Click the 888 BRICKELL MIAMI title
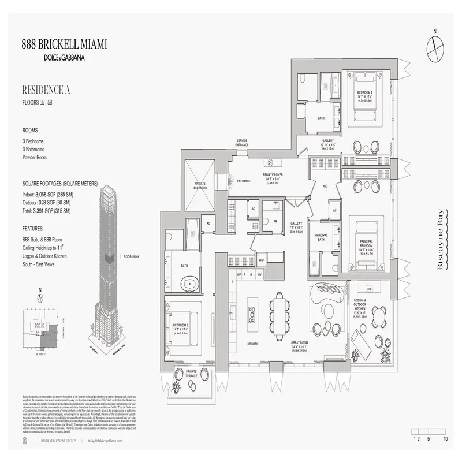point(64,44)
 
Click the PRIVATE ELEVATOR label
point(200,185)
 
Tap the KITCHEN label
point(252,344)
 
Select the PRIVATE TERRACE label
point(192,374)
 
